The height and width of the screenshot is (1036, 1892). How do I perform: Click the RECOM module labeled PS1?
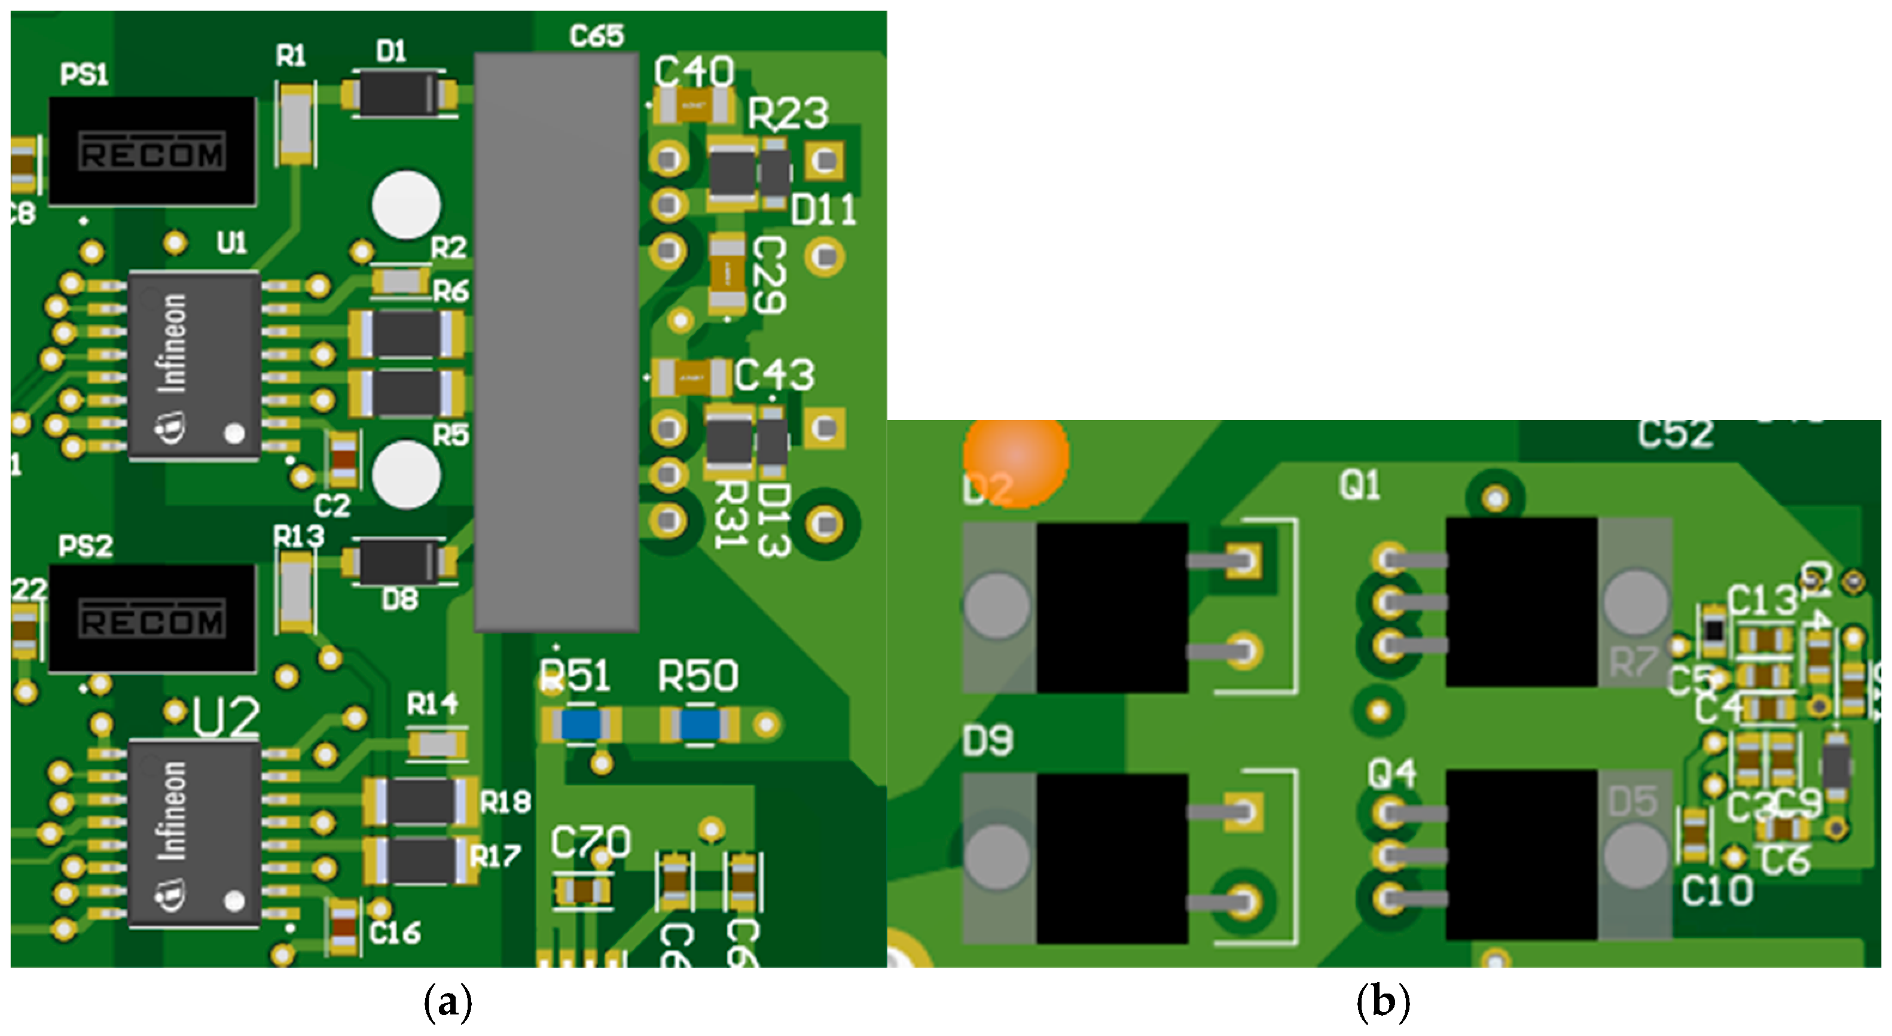pyautogui.click(x=152, y=151)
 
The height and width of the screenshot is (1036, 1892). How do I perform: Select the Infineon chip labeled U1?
pyautogui.click(x=194, y=365)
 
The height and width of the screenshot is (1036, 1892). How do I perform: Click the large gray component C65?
pyautogui.click(x=556, y=342)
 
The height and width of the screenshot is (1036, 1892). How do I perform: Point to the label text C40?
pyautogui.click(x=694, y=71)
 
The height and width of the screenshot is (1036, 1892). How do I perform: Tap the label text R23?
pyautogui.click(x=788, y=114)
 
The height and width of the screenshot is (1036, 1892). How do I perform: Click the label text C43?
pyautogui.click(x=774, y=376)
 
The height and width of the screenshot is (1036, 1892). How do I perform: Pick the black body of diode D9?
pyautogui.click(x=1111, y=858)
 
